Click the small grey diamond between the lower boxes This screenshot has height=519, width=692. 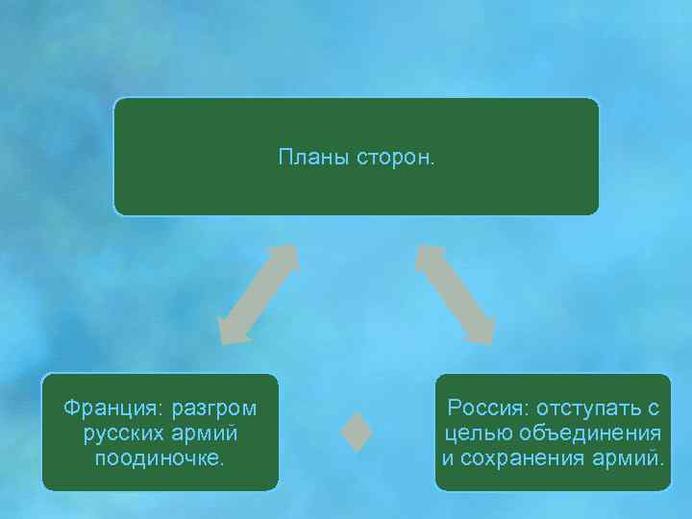click(x=357, y=432)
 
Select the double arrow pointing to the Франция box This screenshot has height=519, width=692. click(x=257, y=294)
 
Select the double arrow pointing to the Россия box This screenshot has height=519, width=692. click(x=456, y=294)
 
